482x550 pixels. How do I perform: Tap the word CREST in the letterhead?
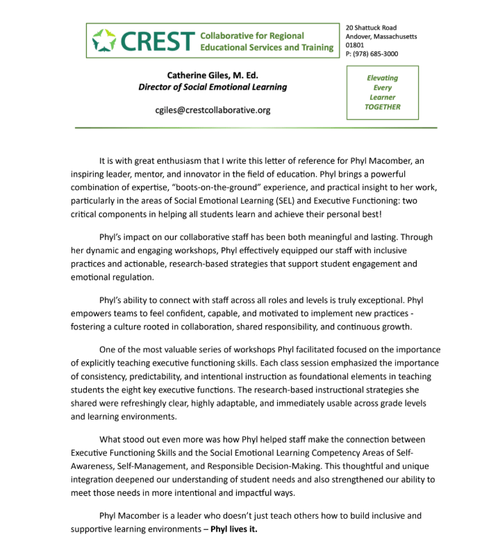click(156, 41)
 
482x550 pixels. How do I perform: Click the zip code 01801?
click(354, 44)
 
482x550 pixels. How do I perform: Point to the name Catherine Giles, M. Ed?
click(212, 75)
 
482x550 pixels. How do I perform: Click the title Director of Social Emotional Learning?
click(212, 87)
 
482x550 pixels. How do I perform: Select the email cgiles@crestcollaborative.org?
click(213, 110)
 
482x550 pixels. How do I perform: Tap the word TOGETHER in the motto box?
click(382, 107)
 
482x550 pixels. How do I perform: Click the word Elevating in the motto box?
click(382, 78)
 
